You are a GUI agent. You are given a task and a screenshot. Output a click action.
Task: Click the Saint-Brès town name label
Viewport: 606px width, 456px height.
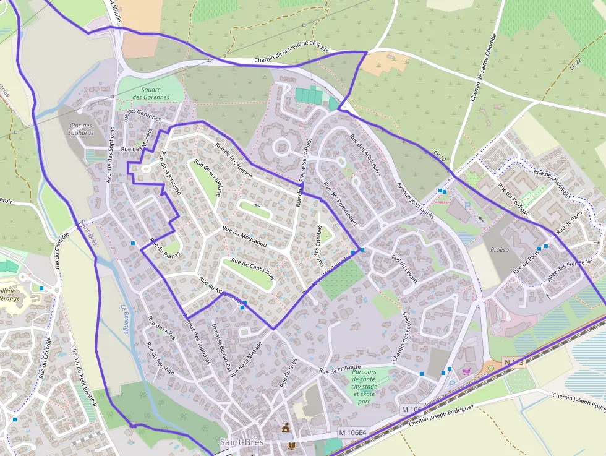pos(242,442)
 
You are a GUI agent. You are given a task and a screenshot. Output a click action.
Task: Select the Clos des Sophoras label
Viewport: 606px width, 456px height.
pos(80,129)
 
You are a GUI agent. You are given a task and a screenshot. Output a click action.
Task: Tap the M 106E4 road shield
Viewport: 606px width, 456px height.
pos(352,432)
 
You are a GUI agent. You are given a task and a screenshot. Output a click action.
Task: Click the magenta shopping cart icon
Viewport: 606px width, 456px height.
pos(466,371)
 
